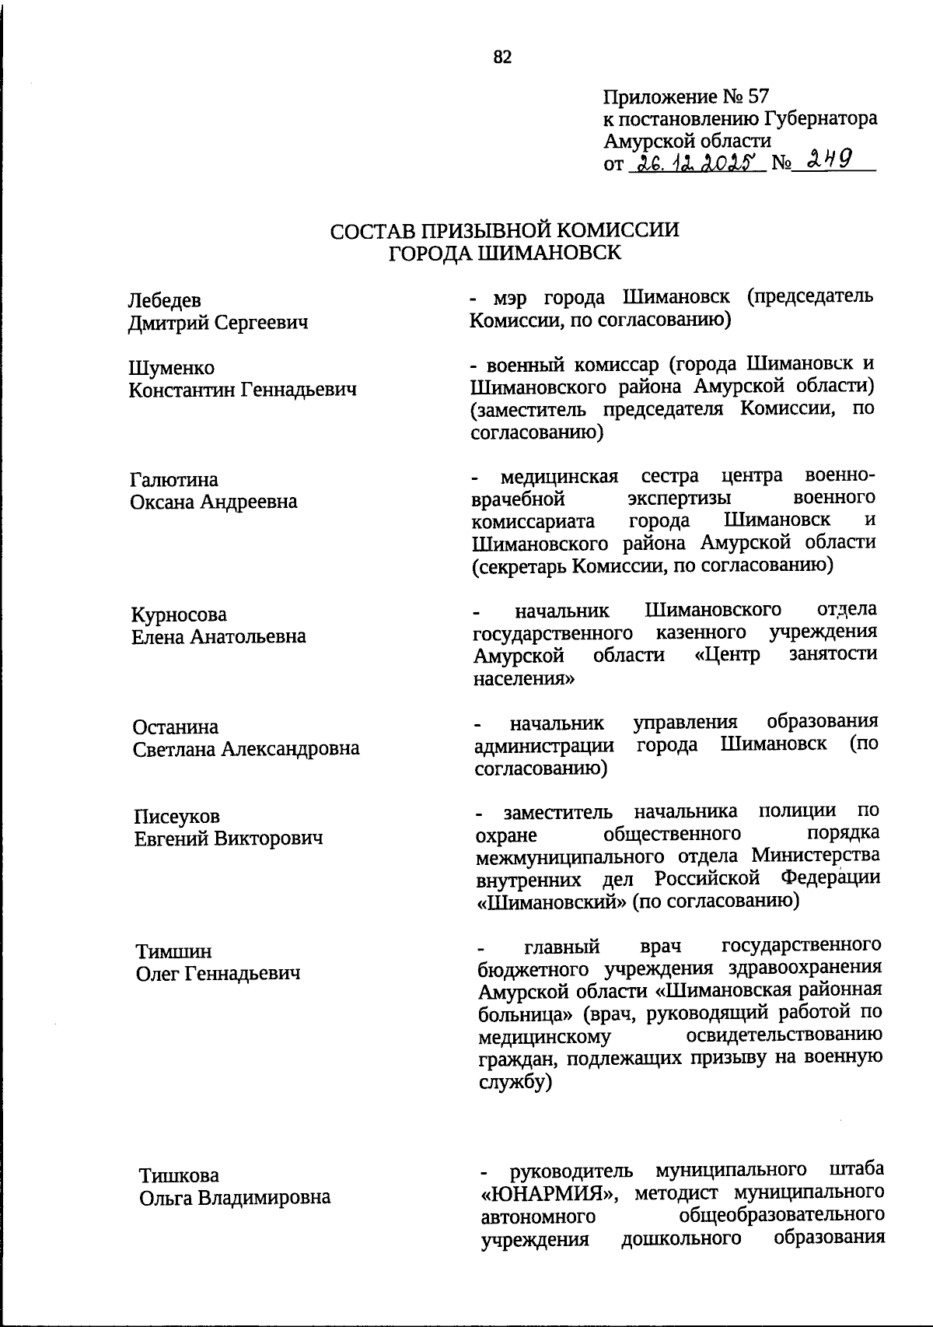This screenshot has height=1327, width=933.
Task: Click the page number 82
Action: [502, 57]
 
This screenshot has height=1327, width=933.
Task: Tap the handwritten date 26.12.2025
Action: [697, 163]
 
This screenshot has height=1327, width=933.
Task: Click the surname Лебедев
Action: [164, 300]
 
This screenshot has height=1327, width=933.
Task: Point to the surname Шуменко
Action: [171, 367]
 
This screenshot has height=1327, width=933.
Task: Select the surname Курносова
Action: [179, 614]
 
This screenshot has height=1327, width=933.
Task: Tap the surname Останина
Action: [175, 727]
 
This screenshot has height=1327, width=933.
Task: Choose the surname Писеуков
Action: [177, 816]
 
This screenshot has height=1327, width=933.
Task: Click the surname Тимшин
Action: [173, 951]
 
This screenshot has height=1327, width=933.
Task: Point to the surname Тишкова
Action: [179, 1175]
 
